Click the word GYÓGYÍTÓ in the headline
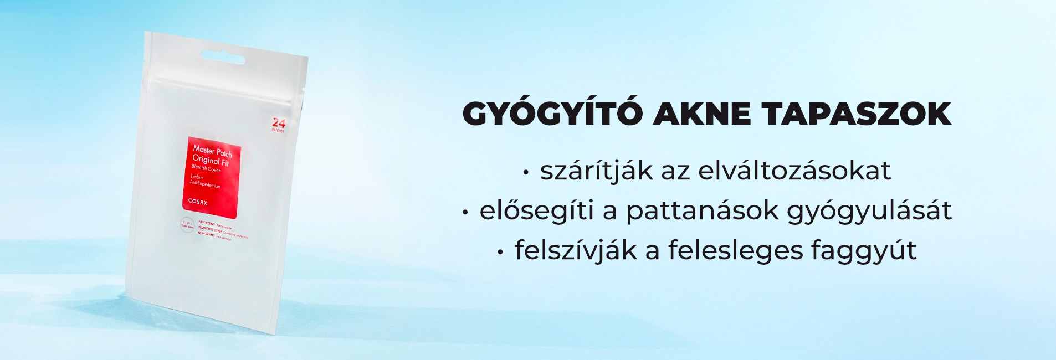click(x=552, y=114)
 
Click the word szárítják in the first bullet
click(x=588, y=171)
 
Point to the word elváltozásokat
click(x=794, y=171)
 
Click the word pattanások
click(x=702, y=211)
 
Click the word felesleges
click(x=735, y=251)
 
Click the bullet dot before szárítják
click(x=525, y=173)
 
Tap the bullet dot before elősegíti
click(x=465, y=212)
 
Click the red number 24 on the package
click(x=278, y=123)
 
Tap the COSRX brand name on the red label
click(x=198, y=202)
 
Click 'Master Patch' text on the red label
click(x=212, y=151)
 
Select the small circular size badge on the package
click(x=187, y=225)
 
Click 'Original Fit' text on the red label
click(x=210, y=161)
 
